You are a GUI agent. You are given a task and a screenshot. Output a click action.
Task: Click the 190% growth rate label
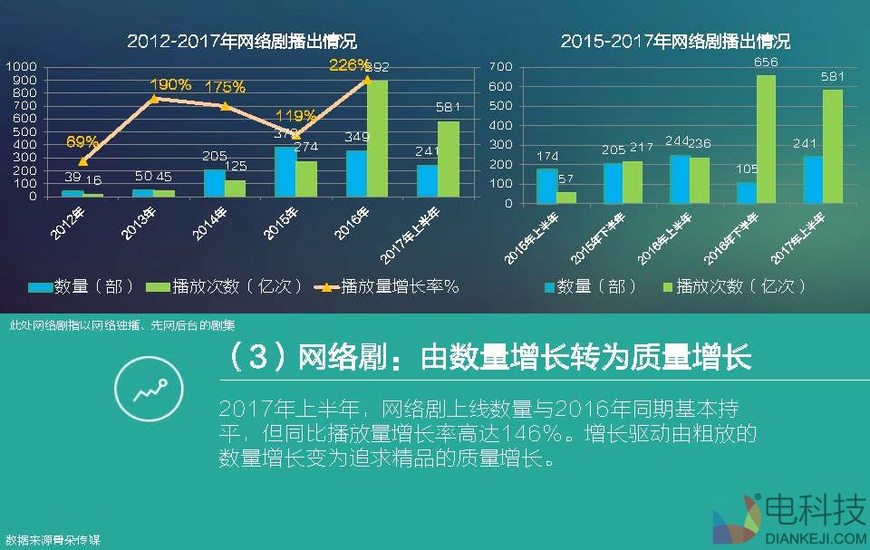(x=170, y=84)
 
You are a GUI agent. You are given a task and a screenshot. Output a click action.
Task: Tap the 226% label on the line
(x=350, y=65)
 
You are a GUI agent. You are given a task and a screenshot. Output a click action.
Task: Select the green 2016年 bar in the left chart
(x=378, y=138)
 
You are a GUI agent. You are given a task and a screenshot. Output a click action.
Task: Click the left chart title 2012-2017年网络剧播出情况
(x=241, y=41)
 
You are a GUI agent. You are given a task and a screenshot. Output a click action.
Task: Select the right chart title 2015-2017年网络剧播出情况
(x=675, y=41)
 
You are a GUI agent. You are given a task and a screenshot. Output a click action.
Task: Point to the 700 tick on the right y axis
(x=501, y=67)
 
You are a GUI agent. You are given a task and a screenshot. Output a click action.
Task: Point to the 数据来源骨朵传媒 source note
(x=53, y=540)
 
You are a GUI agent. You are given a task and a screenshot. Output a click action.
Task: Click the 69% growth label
(x=82, y=141)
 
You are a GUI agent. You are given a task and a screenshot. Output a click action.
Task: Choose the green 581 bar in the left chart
(x=448, y=159)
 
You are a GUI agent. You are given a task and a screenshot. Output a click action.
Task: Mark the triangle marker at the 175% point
(x=225, y=106)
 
